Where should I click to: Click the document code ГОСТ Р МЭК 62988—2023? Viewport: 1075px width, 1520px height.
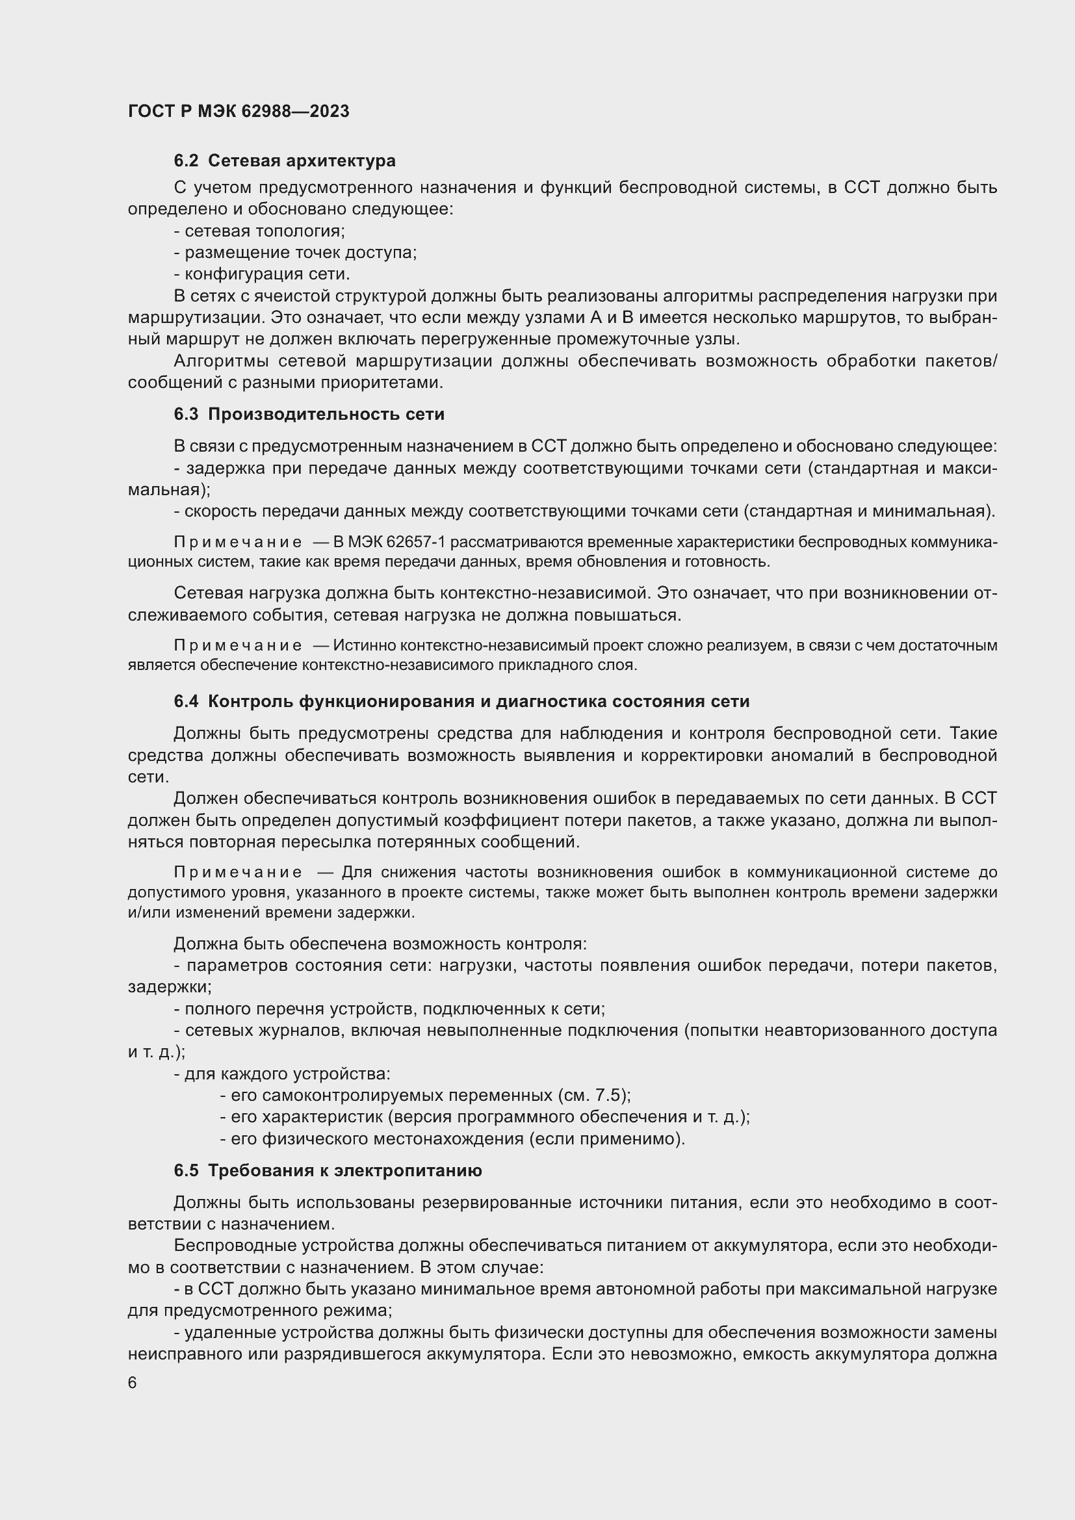coord(239,111)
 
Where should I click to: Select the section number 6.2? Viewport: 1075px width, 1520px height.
coord(186,161)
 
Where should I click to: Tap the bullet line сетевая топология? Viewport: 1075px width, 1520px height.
coord(259,231)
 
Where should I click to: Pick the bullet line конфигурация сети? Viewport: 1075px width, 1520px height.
coord(262,274)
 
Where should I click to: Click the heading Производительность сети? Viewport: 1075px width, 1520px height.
coord(326,415)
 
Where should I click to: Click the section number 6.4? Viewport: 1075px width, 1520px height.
coord(186,702)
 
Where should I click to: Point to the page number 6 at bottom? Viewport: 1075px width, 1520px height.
coord(133,1383)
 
